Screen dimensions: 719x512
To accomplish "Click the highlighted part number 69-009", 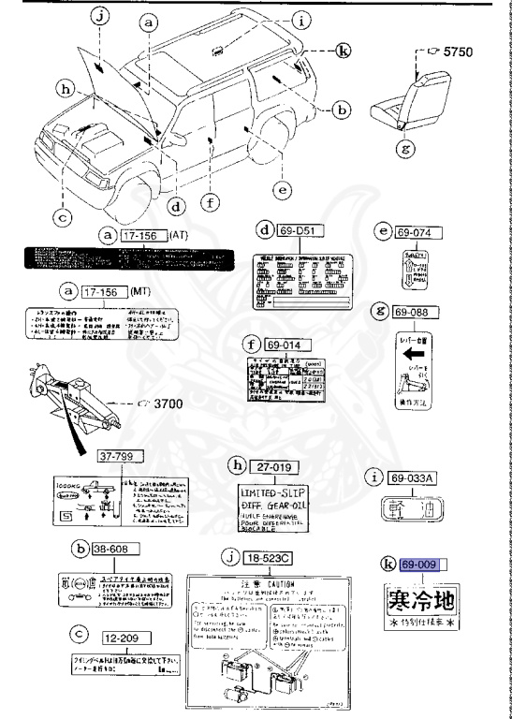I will (418, 565).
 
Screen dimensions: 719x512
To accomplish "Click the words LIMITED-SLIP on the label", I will (278, 492).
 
